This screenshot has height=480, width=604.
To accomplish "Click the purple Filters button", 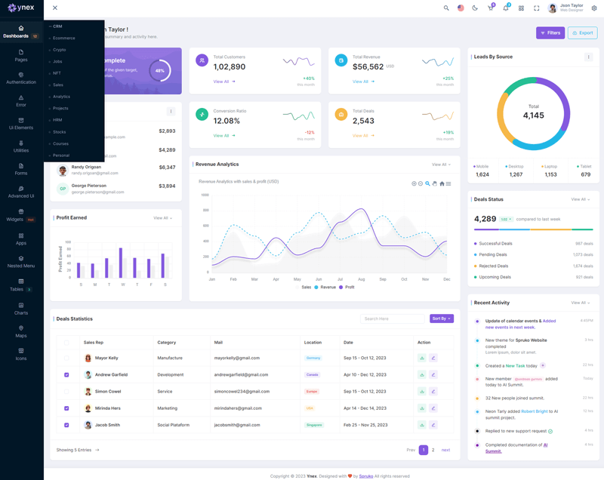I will (550, 33).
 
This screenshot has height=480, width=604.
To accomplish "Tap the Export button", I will (583, 33).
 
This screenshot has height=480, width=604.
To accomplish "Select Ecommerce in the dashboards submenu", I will (64, 38).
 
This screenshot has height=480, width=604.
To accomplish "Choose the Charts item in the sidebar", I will (21, 308).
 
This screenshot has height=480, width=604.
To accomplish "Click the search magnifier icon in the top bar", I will (446, 8).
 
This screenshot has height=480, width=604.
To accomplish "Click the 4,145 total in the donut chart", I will (533, 115).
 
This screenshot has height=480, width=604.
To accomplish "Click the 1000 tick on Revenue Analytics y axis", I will (205, 195).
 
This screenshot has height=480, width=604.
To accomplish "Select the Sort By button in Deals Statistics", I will (442, 318).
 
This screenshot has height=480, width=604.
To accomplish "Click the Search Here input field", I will (392, 318).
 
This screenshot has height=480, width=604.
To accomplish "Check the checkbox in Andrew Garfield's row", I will (66, 375).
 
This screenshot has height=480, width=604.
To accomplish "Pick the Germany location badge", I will (313, 358).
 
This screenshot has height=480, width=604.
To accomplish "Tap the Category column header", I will (167, 343).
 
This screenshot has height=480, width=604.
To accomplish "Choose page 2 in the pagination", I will (433, 450).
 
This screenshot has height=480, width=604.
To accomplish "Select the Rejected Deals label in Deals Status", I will (494, 266).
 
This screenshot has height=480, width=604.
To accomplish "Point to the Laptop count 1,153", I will (550, 174).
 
